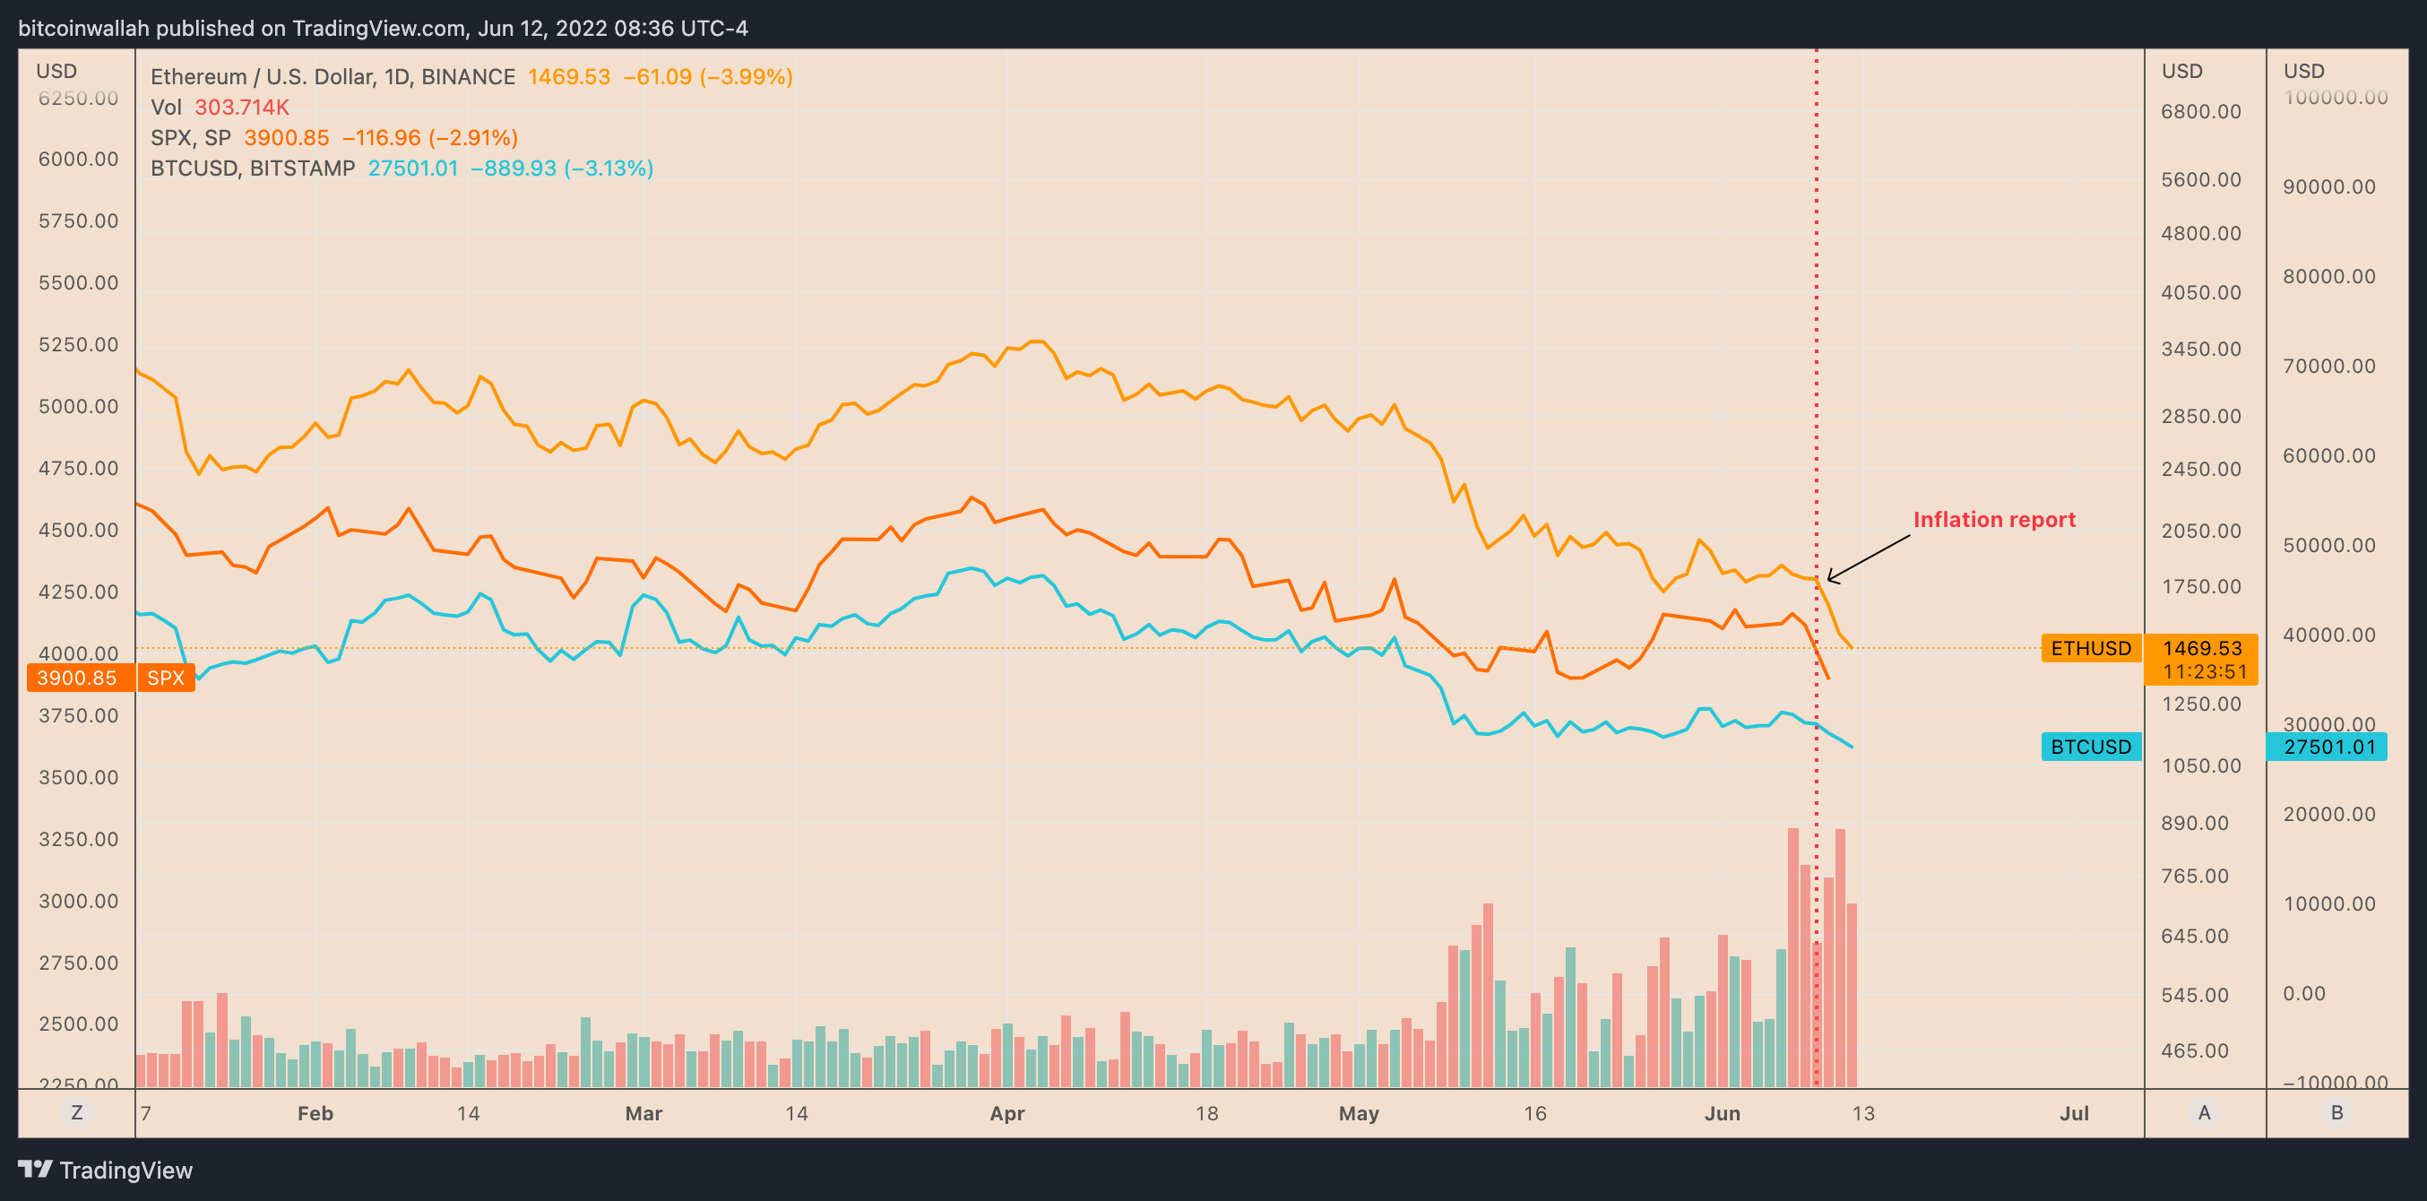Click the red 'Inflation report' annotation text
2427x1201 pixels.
pos(1993,520)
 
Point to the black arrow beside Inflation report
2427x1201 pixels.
pos(1869,557)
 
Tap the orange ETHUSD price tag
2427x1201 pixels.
pos(2091,648)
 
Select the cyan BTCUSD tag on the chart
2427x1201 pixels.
pos(2091,747)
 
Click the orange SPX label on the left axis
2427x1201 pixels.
pos(166,678)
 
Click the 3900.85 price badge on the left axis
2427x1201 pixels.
pos(77,678)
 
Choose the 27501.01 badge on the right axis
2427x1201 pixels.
pos(2329,747)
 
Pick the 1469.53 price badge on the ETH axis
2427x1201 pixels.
pos(2201,648)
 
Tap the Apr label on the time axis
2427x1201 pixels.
pos(1006,1113)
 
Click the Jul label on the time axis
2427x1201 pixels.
pos(2074,1113)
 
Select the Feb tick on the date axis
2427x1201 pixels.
pos(315,1113)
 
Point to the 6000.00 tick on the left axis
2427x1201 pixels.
pos(78,160)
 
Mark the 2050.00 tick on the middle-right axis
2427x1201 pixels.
pos(2201,531)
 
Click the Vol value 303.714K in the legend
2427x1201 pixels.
pos(242,108)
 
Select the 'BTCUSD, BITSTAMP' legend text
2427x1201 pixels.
pos(253,168)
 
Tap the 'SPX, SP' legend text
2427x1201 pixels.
pos(190,137)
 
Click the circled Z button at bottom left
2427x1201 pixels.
pos(76,1112)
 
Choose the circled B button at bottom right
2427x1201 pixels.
pos(2336,1112)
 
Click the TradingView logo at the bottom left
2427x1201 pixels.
pos(105,1170)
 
